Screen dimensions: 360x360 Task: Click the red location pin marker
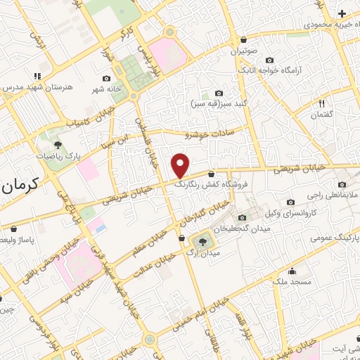(x=181, y=165)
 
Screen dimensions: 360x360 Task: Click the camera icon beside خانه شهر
(x=106, y=79)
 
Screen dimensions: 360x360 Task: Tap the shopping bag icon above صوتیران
(x=243, y=39)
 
